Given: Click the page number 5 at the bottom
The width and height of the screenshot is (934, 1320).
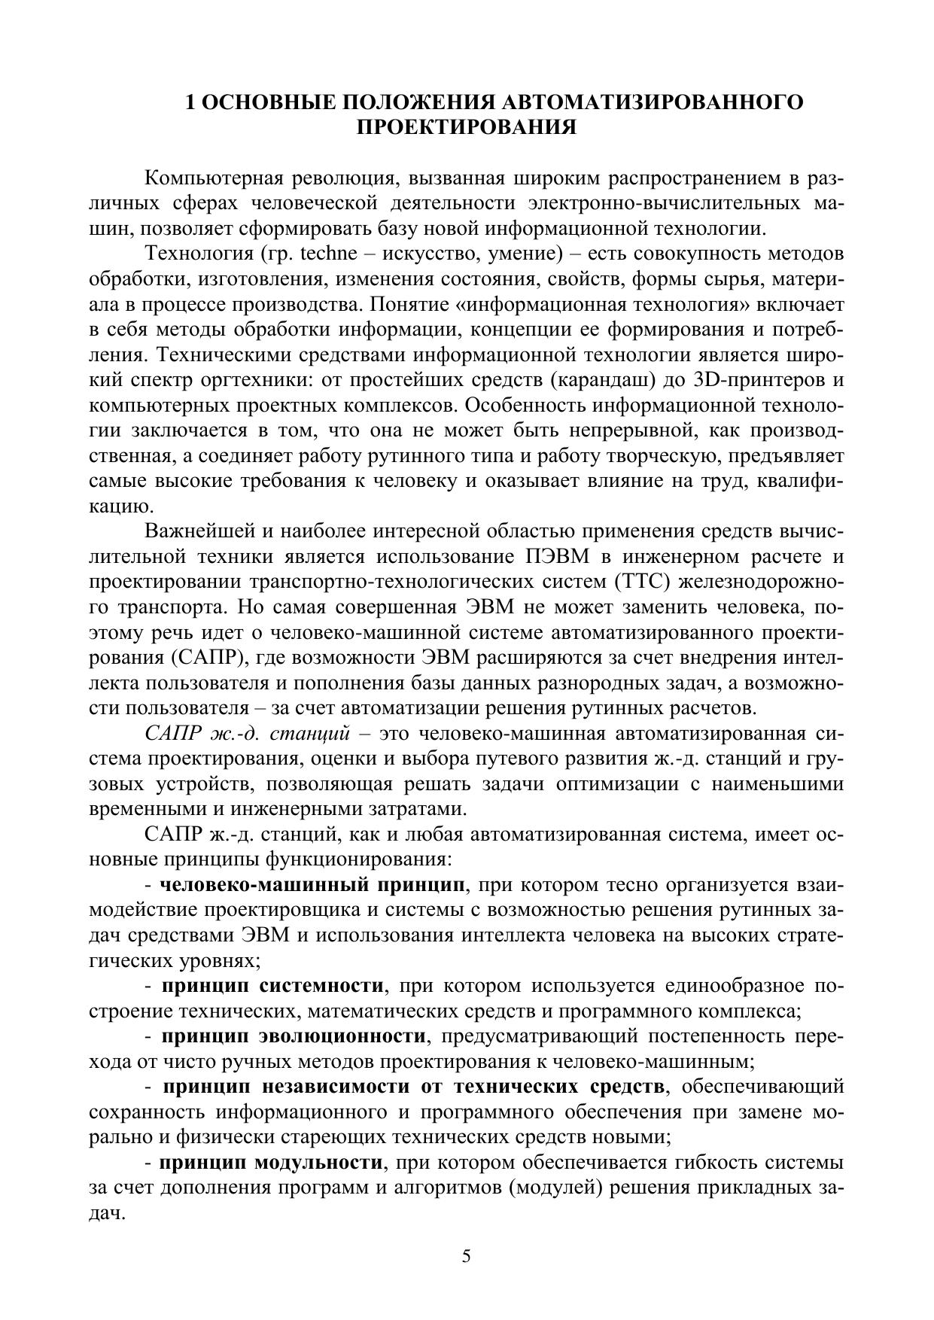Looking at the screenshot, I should point(467,1256).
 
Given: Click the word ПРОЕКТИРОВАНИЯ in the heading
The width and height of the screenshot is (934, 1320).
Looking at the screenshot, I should point(467,127).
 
